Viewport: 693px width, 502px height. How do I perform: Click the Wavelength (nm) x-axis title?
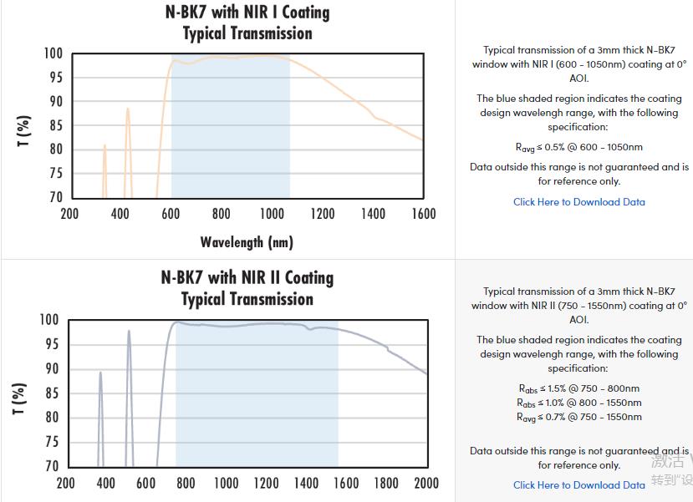(x=247, y=242)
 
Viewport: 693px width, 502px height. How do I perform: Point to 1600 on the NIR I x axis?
(x=424, y=214)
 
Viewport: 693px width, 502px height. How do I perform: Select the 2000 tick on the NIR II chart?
(x=426, y=483)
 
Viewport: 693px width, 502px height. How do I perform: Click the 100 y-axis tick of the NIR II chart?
(x=49, y=320)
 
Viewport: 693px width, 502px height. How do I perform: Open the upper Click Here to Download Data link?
(x=578, y=202)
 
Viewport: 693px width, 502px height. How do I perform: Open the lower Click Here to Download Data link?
(x=578, y=485)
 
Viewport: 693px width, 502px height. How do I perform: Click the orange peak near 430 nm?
(x=128, y=109)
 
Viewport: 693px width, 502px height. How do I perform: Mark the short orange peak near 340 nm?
(x=104, y=146)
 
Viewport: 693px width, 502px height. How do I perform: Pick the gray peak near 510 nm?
(x=129, y=332)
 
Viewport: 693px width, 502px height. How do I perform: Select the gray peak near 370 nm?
(x=100, y=373)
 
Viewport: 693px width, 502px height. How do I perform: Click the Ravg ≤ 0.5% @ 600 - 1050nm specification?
(x=578, y=147)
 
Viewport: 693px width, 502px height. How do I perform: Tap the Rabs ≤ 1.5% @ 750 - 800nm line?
(x=578, y=388)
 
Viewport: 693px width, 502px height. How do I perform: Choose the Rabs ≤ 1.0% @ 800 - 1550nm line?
(x=578, y=403)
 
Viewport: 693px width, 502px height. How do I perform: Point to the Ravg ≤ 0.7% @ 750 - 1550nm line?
(x=578, y=417)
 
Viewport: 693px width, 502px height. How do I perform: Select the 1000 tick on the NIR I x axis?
(x=272, y=214)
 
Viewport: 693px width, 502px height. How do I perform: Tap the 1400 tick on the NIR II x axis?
(x=307, y=483)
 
